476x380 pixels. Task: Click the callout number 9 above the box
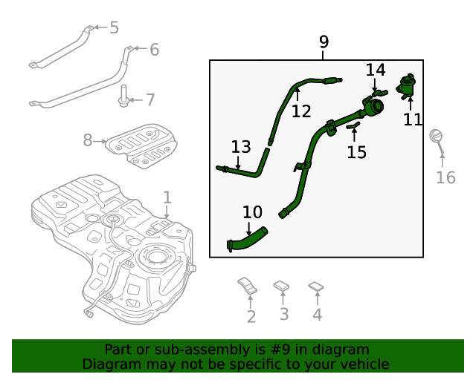click(324, 42)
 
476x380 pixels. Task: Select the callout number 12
click(301, 111)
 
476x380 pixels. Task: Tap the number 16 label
click(445, 177)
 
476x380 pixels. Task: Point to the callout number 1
click(167, 197)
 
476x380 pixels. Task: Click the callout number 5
click(114, 28)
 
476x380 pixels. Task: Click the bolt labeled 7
click(121, 97)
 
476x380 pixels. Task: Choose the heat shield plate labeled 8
click(141, 143)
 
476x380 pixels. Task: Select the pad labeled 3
click(282, 285)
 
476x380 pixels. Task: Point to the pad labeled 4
click(316, 285)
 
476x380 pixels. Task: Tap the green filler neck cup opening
click(373, 109)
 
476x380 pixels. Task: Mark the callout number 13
click(241, 146)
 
